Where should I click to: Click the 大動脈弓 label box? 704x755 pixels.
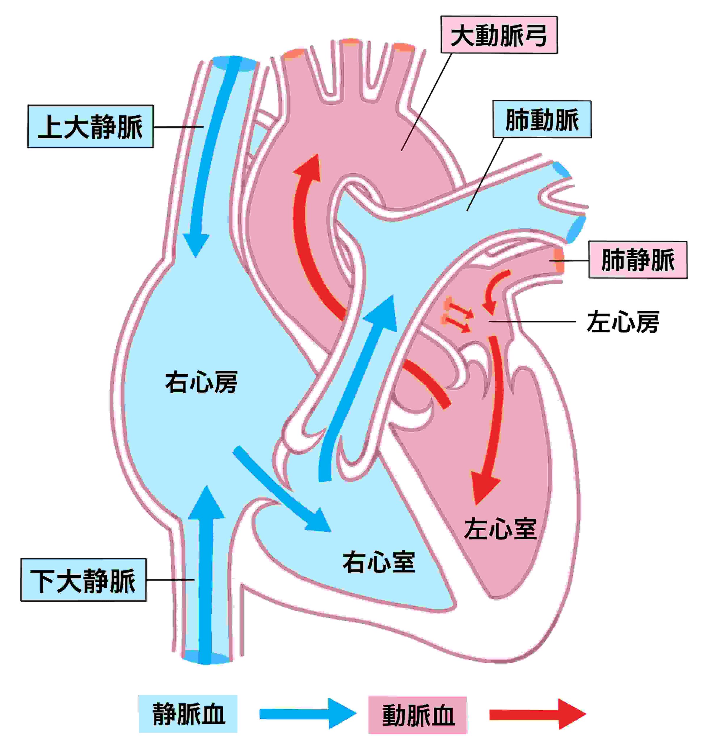coord(498,35)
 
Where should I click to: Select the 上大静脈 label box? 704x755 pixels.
coord(91,127)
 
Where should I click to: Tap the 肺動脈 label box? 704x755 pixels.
coord(542,119)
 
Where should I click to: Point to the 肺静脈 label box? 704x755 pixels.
coord(638,260)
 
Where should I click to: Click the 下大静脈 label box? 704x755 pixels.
coord(83,580)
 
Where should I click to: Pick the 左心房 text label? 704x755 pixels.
coord(623,322)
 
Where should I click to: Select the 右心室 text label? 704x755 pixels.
coord(379,562)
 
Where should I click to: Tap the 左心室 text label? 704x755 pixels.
coord(500,529)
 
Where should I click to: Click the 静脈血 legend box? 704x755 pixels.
coord(188,714)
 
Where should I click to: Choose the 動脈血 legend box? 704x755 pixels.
coord(417,715)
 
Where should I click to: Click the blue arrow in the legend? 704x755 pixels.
coord(307,714)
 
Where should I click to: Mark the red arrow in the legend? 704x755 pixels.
coord(537,714)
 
